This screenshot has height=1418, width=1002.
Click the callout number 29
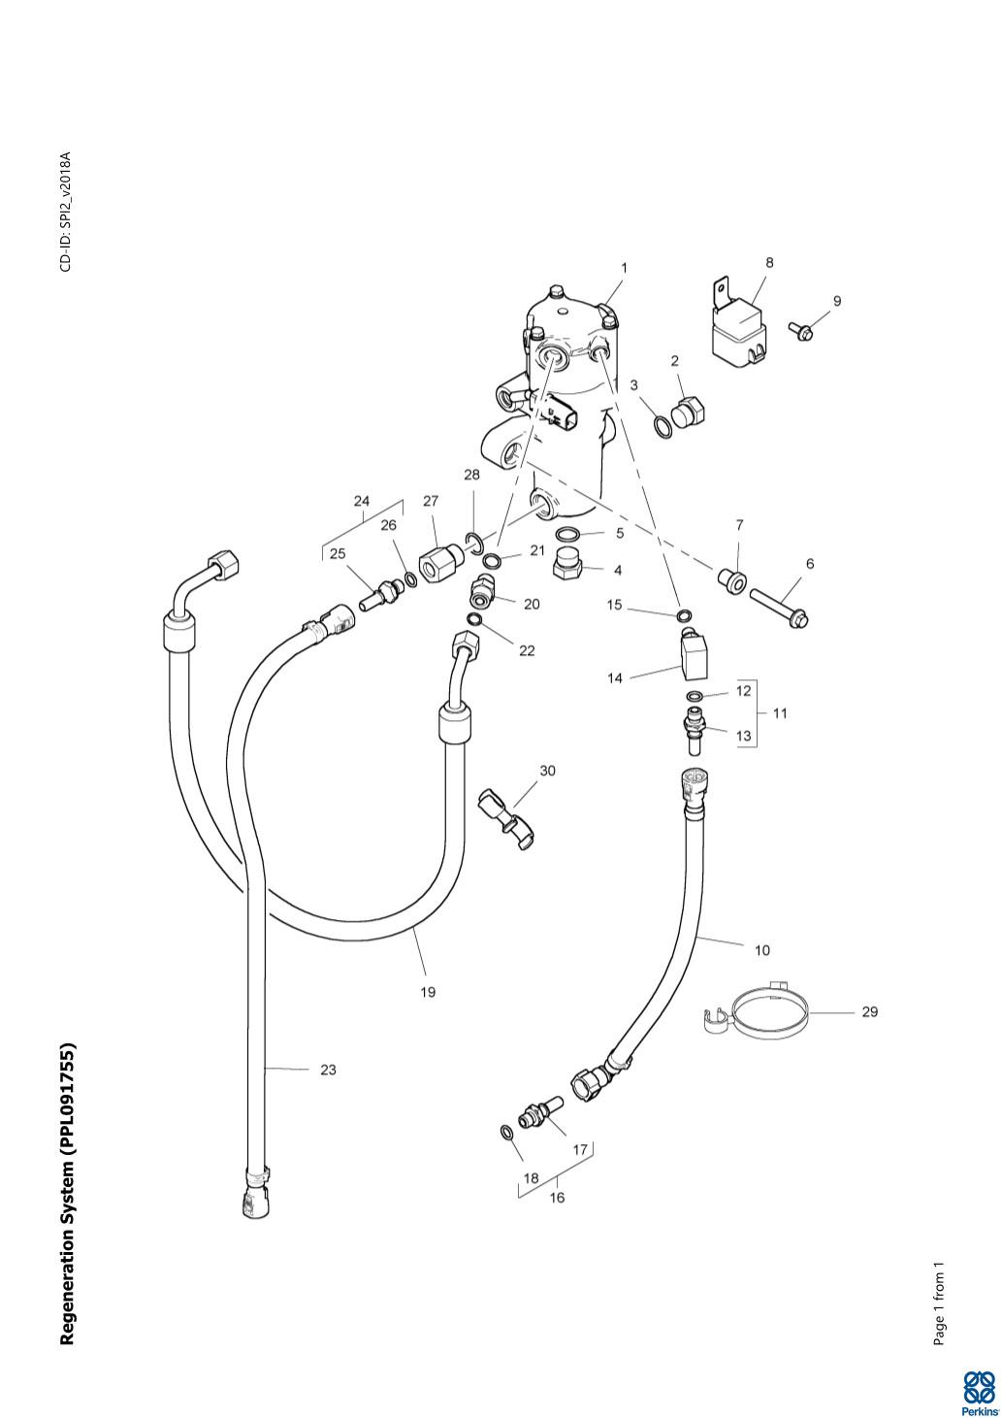[869, 1011]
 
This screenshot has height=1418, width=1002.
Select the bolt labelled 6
[779, 604]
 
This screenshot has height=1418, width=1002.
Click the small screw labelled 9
[802, 331]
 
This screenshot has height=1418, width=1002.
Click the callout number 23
[328, 1070]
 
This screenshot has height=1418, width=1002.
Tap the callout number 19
[428, 992]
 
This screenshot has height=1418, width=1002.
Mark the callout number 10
[761, 950]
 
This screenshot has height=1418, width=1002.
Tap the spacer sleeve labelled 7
[731, 579]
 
